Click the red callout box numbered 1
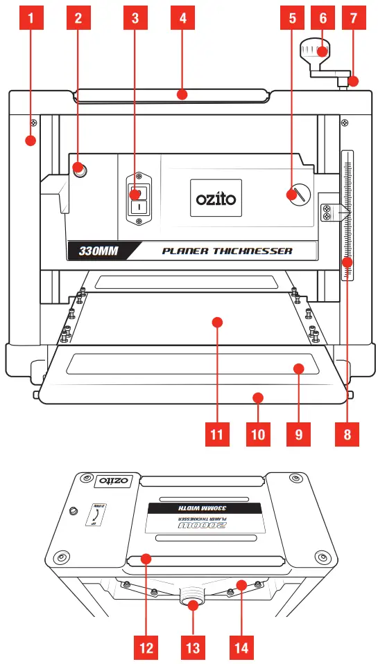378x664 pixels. click(x=29, y=19)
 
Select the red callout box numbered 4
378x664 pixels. click(x=182, y=19)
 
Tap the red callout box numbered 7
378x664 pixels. click(x=354, y=19)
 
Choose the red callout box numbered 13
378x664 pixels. click(x=192, y=648)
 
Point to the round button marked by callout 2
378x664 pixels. click(x=79, y=168)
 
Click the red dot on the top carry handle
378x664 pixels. click(x=182, y=94)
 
